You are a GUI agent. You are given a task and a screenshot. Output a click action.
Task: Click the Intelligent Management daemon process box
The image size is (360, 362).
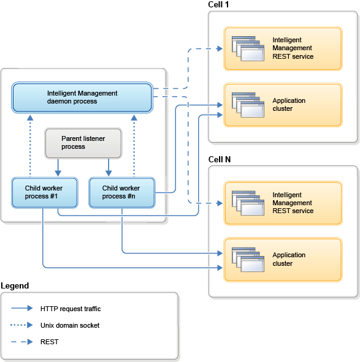pos(82,97)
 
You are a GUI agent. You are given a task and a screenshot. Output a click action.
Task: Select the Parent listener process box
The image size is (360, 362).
pos(83,143)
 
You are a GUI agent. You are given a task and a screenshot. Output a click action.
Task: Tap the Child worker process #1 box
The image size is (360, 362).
pos(45,192)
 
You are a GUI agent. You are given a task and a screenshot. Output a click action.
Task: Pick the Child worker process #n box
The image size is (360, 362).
pos(122,192)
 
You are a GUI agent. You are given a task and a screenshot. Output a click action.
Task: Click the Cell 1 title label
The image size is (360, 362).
pos(218,5)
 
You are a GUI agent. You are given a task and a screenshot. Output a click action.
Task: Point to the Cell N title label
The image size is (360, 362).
pos(220,159)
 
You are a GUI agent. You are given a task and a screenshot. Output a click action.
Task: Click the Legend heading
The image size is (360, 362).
pos(15,286)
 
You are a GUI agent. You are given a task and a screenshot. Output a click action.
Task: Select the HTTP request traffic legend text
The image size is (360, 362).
pos(71,309)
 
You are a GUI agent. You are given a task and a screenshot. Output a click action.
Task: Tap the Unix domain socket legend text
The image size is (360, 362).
pos(70,325)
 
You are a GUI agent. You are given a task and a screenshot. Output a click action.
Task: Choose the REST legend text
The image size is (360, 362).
pos(50,342)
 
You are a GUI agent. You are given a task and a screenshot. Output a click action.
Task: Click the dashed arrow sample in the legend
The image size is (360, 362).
pos(21,342)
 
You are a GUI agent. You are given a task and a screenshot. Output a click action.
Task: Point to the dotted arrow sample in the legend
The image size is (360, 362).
pos(21,325)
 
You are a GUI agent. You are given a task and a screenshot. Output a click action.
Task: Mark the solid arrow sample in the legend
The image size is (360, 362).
pos(21,308)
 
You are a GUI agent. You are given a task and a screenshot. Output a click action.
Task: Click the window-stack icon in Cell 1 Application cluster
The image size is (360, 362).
pos(248,105)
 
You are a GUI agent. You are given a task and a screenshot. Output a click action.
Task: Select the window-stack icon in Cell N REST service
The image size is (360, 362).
pos(248,203)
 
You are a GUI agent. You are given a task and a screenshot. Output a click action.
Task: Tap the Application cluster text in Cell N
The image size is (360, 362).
pos(289,259)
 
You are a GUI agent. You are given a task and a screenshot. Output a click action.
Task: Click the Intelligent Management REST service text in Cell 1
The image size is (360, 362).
pos(293,48)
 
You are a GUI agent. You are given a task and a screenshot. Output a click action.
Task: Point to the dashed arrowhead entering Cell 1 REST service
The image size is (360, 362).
pos(220,48)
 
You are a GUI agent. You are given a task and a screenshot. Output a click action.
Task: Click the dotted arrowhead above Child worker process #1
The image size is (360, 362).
pos(30,118)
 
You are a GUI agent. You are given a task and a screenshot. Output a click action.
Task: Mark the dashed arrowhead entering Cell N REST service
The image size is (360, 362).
pos(220,203)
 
